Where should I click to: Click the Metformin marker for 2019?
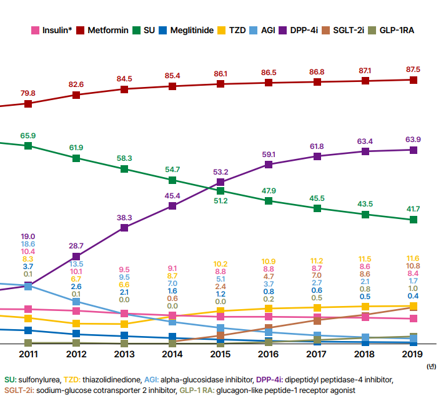tap(414, 80)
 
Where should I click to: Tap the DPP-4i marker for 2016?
tap(269, 165)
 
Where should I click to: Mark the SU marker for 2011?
tap(28, 145)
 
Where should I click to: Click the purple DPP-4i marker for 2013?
tap(124, 228)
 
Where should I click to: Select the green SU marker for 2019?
tap(414, 220)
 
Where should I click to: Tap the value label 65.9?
tap(28, 135)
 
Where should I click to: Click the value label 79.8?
tap(28, 93)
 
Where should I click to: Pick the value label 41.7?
tap(413, 209)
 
